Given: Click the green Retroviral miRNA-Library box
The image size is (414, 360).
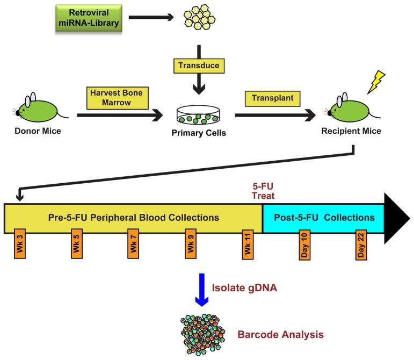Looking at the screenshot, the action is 89,18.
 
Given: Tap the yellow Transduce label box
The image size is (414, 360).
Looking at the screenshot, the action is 199,66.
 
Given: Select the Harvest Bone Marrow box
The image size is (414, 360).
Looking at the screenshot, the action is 118,98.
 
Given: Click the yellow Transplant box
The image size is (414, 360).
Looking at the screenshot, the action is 272,99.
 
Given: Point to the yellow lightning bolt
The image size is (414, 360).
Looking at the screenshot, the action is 376,82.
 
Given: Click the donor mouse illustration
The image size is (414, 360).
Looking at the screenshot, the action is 40,109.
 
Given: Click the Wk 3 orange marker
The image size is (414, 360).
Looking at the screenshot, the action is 20,243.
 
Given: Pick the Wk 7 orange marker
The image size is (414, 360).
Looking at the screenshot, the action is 133,243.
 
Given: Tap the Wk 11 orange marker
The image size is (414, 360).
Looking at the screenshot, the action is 248,244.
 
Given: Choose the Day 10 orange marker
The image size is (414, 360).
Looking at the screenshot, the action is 304,245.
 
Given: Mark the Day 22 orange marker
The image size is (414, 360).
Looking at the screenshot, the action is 361,245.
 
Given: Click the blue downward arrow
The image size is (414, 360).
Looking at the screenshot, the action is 202,290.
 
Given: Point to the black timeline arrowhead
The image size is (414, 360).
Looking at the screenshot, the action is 397,219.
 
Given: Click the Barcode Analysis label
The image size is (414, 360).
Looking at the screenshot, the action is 280,335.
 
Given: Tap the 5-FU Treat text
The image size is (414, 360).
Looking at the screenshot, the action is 263,191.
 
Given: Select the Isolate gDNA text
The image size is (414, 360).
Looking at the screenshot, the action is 244,287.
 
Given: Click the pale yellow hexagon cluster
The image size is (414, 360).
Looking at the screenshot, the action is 200,17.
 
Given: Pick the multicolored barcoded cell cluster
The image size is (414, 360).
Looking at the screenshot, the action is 202,335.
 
